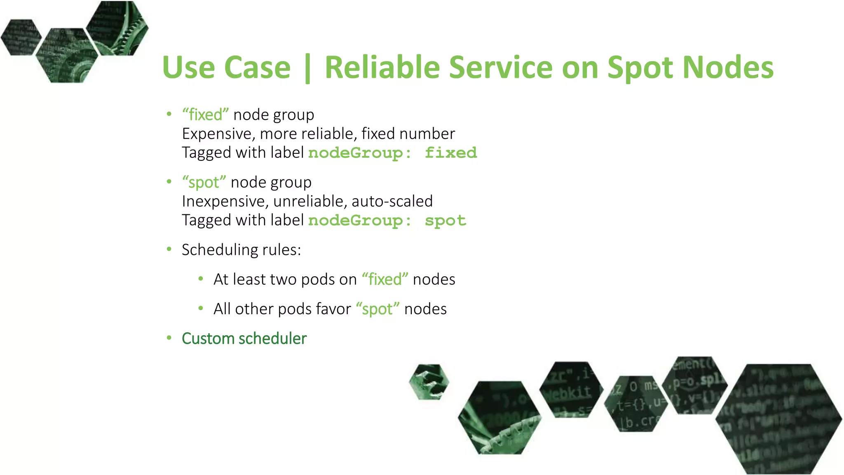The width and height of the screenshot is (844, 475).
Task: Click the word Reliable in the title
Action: tap(382, 67)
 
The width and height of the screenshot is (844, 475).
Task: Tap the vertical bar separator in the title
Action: tap(307, 68)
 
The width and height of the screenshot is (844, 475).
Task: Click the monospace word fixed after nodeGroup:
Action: tap(451, 153)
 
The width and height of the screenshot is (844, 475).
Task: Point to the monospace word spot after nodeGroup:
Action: tap(445, 221)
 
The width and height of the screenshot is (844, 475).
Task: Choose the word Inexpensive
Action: tap(225, 202)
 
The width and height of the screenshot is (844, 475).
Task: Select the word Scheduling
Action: tap(220, 250)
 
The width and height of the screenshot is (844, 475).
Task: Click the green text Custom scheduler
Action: tap(244, 339)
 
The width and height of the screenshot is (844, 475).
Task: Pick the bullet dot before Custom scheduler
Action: tap(169, 338)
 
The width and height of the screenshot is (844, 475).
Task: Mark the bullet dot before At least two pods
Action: tap(201, 279)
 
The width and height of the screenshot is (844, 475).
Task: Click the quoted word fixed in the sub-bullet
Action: tap(385, 280)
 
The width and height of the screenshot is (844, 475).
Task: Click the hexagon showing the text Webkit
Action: tap(570, 390)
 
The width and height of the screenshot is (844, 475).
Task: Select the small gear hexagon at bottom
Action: tap(429, 382)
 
